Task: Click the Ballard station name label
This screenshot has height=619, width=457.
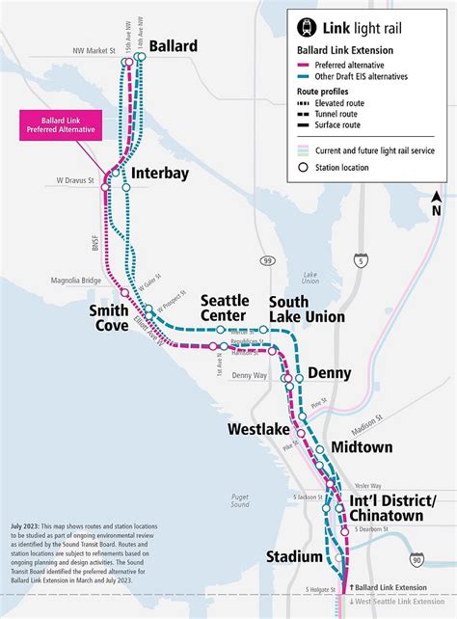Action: [174, 46]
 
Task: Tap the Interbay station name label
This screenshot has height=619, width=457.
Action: [159, 174]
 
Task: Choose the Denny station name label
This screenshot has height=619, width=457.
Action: [331, 373]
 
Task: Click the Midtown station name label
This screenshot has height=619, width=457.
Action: [362, 447]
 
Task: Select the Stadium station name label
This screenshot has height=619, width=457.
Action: [294, 557]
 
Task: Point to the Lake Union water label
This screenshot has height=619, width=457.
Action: [311, 278]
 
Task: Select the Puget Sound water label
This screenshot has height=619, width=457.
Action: [240, 499]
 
